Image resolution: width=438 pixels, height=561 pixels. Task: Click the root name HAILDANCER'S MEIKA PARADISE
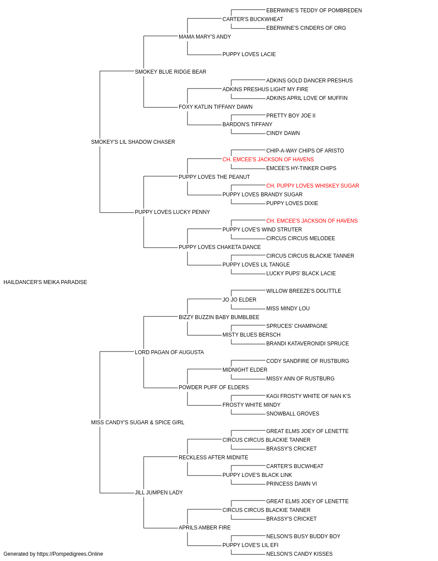click(x=45, y=282)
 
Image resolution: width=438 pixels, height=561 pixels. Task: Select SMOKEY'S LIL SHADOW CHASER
click(x=133, y=142)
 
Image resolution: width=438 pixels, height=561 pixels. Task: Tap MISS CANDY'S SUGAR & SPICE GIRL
click(x=138, y=423)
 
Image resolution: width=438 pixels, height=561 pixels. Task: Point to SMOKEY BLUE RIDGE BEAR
click(x=170, y=72)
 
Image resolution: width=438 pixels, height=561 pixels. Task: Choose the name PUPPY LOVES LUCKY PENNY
click(x=172, y=212)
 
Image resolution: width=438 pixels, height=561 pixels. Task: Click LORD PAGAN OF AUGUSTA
click(x=169, y=352)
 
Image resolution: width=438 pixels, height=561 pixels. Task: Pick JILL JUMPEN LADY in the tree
click(x=159, y=492)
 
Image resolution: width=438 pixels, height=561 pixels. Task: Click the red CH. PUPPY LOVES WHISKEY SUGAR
click(x=313, y=186)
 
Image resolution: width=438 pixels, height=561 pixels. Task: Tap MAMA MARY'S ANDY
click(x=205, y=37)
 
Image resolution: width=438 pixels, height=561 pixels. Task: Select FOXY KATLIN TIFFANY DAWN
click(x=215, y=107)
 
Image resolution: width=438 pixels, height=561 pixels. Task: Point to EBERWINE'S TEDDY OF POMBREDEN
click(x=314, y=11)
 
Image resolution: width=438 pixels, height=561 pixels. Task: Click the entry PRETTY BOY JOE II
click(x=291, y=116)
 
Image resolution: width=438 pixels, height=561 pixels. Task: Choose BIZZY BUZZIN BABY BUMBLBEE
click(x=219, y=317)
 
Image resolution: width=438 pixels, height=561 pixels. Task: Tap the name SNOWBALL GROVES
click(x=293, y=414)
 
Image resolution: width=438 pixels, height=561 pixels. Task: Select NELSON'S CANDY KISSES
click(x=299, y=554)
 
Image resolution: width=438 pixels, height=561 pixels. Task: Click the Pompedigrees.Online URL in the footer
click(x=70, y=554)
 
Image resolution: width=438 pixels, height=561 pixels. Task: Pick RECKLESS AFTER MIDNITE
click(x=213, y=458)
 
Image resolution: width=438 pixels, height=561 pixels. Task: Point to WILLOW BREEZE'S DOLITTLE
click(x=304, y=291)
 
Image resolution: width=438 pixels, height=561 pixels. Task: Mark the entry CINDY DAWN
click(x=283, y=133)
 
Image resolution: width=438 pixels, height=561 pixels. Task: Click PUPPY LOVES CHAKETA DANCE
click(x=219, y=247)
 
